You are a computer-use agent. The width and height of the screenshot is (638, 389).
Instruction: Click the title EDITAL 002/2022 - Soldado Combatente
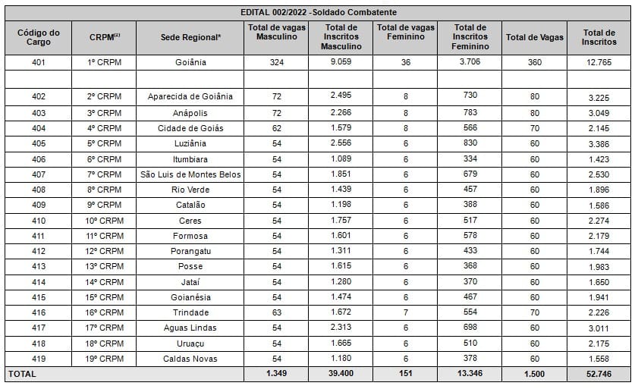318,13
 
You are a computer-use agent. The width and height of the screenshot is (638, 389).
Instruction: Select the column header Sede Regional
190,37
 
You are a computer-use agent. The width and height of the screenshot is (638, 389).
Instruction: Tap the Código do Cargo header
39,37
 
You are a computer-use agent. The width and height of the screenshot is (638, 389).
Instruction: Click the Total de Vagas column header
535,37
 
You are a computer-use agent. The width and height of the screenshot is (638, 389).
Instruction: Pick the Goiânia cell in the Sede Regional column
190,62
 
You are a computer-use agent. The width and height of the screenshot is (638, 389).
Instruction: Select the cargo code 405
39,143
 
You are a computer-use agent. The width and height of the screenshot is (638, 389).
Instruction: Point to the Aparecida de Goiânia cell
190,96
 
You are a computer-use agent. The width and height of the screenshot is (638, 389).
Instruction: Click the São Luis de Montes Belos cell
190,174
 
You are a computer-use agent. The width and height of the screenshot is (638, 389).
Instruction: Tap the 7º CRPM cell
104,174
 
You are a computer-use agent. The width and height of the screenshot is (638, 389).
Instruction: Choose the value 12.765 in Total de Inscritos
599,62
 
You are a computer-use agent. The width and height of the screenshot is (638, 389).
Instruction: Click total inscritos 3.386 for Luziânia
599,143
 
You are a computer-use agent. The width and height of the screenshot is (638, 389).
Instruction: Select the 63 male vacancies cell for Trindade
276,312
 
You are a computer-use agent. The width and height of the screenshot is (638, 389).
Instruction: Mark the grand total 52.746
599,374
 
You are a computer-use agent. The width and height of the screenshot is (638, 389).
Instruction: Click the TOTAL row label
22,374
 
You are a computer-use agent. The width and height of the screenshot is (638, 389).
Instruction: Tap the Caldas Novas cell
190,359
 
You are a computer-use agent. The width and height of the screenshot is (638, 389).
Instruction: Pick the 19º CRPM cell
104,359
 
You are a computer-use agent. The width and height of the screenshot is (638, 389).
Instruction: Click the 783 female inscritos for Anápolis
470,112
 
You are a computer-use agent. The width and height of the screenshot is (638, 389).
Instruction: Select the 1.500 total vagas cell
535,374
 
